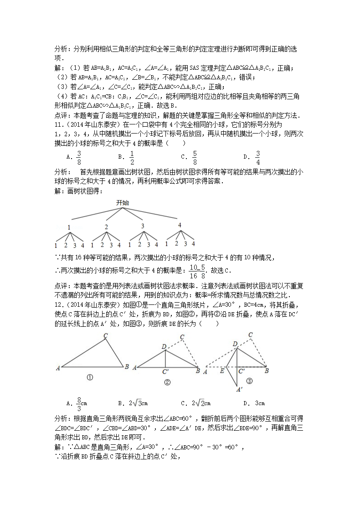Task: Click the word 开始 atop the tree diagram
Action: (x=122, y=202)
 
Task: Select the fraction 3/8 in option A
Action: (x=79, y=156)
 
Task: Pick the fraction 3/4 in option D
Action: (x=257, y=156)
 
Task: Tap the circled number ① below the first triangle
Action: (x=90, y=377)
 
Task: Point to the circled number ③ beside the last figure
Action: (x=249, y=381)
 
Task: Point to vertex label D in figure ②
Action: (x=164, y=347)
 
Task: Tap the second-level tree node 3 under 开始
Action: (x=142, y=226)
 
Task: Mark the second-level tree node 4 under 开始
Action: (x=180, y=225)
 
